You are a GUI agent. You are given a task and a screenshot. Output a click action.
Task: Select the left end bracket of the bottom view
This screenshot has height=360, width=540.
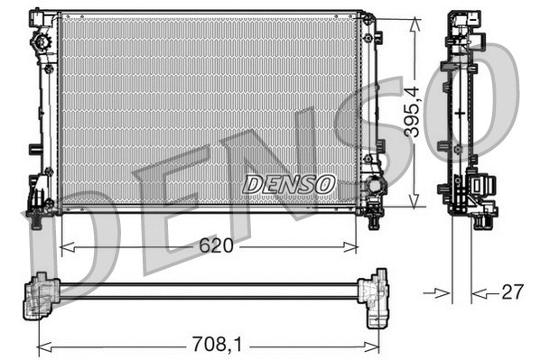coord(41,295)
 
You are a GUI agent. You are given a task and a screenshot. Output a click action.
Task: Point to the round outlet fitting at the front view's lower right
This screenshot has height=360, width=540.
coord(371,189)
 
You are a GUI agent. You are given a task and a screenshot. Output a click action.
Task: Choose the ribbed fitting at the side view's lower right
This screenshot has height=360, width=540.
coord(485,188)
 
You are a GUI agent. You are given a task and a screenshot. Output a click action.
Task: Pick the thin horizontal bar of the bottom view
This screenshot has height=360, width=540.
coord(208,291)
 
